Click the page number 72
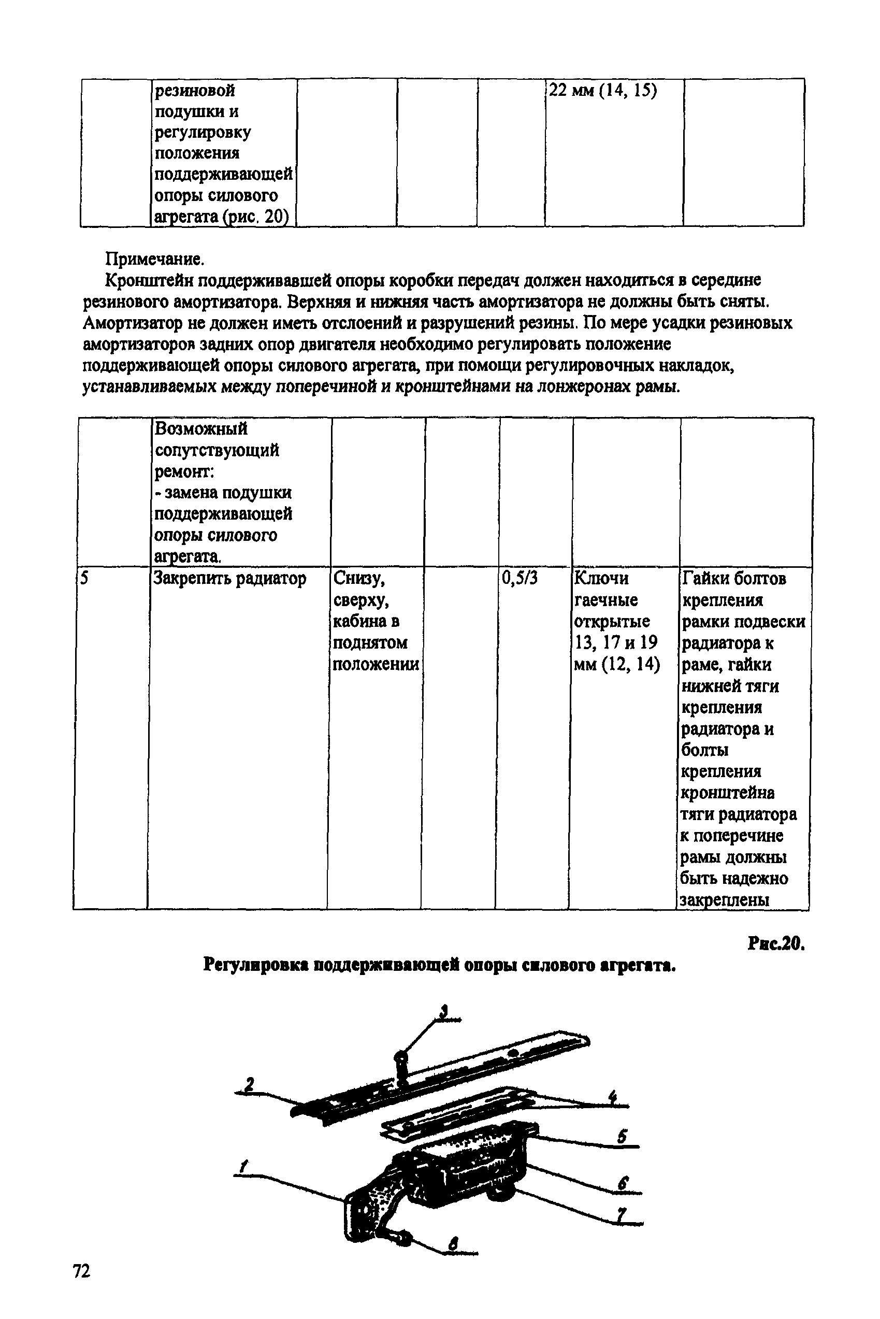[81, 1270]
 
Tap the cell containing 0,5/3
[520, 578]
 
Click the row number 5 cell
[84, 578]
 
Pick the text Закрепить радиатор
[230, 578]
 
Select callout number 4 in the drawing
[613, 1096]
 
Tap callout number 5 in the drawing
[621, 1137]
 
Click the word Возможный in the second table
[201, 429]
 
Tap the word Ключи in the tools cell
[601, 578]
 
